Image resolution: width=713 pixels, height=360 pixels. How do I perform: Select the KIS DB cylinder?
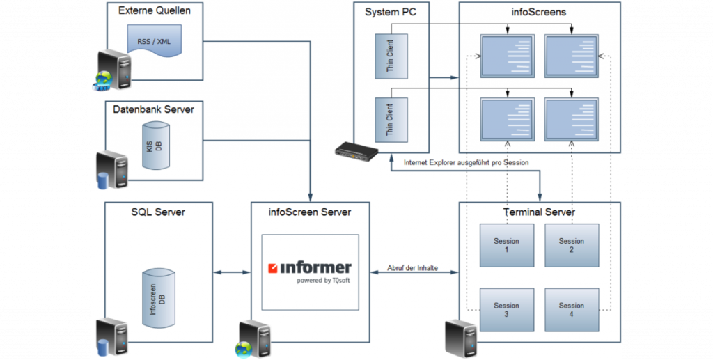point(157,146)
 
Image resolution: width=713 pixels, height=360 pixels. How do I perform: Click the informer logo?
point(310,268)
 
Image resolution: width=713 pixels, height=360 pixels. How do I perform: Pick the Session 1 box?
point(506,245)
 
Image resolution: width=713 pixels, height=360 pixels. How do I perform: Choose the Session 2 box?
point(571,245)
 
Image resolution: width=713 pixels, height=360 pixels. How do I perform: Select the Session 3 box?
point(506,310)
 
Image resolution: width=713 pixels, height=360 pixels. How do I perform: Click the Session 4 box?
point(571,310)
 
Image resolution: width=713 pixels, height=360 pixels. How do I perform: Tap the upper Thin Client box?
point(391,56)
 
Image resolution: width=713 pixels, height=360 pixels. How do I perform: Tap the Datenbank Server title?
point(154,109)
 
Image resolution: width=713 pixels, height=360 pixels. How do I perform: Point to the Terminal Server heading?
point(539,212)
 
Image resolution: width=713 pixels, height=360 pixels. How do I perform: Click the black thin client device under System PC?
point(356,150)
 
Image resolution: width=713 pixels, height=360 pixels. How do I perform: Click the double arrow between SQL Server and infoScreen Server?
point(232,273)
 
